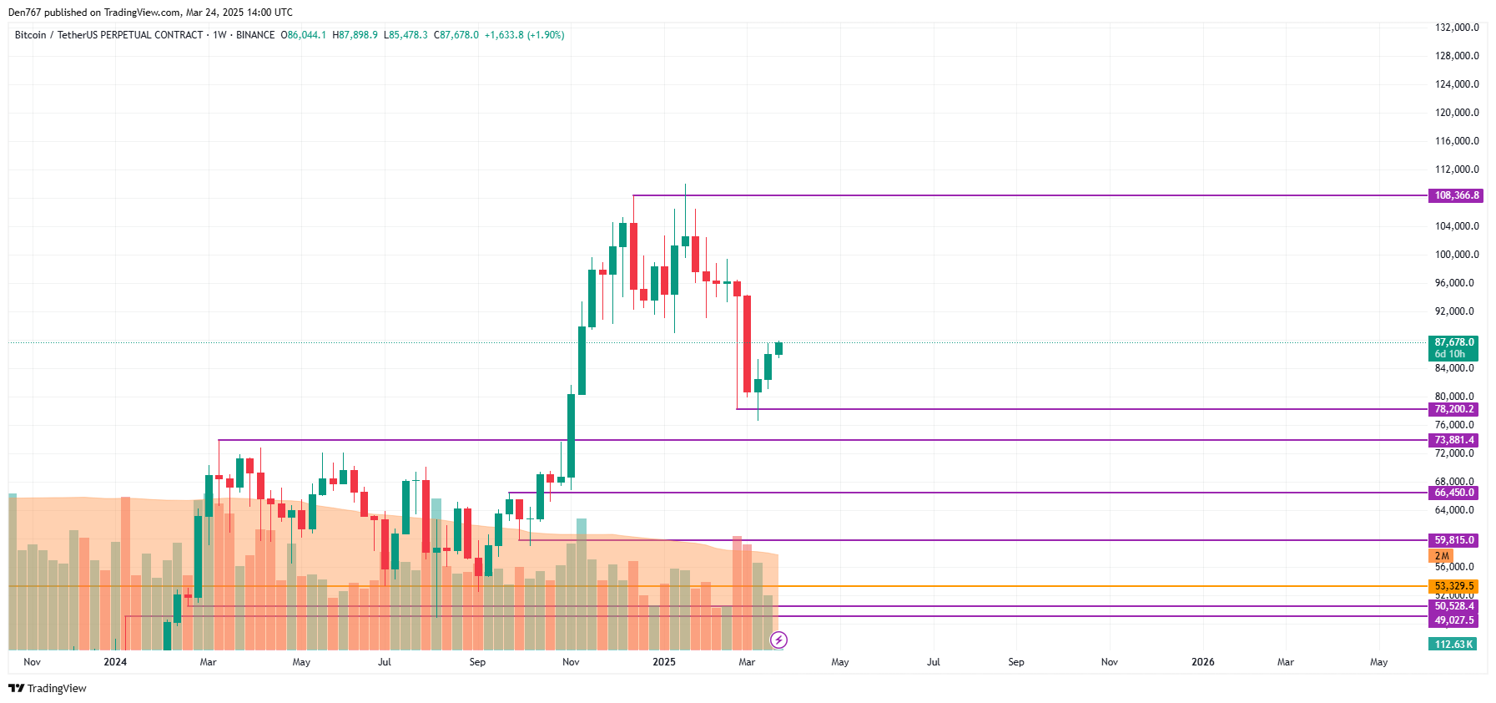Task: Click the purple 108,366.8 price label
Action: (x=1456, y=195)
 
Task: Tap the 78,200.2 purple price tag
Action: (x=1453, y=409)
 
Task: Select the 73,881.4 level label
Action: (x=1453, y=440)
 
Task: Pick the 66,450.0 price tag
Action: (x=1453, y=493)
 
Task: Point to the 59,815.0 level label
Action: (x=1453, y=540)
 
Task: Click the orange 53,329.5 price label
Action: (x=1453, y=586)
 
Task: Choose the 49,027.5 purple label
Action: (x=1453, y=620)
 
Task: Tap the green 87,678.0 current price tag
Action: (x=1453, y=342)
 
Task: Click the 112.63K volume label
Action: (x=1453, y=645)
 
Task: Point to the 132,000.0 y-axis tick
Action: (x=1456, y=28)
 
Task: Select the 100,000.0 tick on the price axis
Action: (x=1456, y=255)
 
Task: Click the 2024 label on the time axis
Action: (x=115, y=662)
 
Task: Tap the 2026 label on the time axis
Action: (x=1202, y=662)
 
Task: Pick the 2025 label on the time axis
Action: (x=664, y=662)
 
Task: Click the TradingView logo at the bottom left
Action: (x=48, y=688)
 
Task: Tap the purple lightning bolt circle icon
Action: (x=778, y=640)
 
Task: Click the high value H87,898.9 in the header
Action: (x=355, y=35)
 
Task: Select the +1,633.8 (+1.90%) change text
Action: (x=524, y=35)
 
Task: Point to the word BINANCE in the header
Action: (x=255, y=35)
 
